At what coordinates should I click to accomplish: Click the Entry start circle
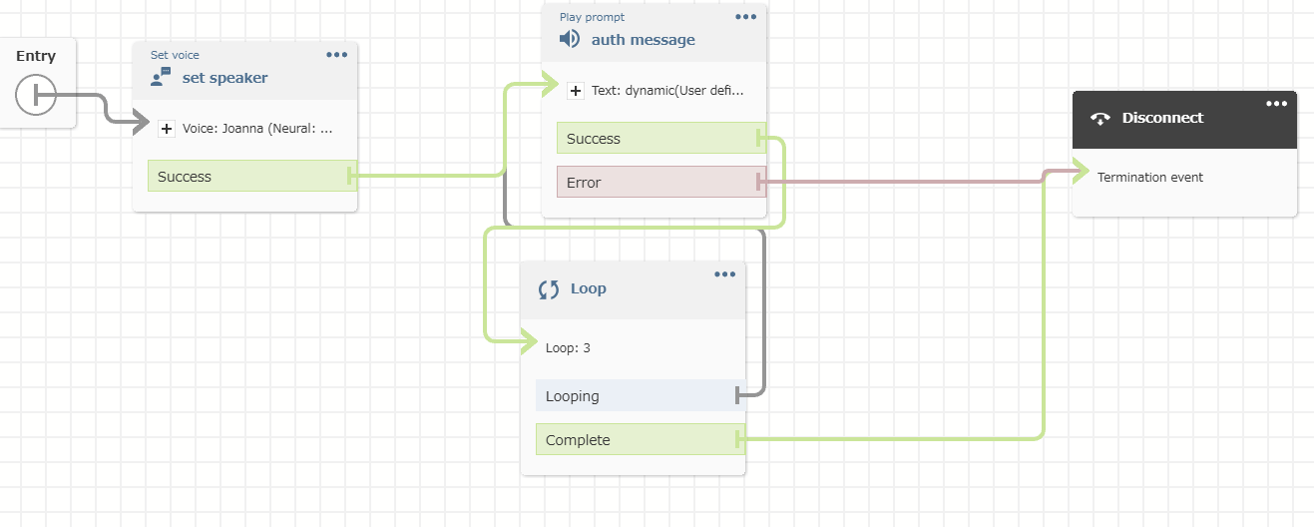[35, 95]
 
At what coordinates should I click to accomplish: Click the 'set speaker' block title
[224, 78]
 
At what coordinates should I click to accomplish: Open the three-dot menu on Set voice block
[336, 55]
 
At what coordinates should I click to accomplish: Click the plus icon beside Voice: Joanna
[167, 129]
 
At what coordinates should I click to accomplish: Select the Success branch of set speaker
[252, 176]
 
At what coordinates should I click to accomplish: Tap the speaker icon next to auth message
[569, 39]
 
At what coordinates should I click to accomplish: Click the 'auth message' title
[643, 39]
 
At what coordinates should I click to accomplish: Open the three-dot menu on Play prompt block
[745, 16]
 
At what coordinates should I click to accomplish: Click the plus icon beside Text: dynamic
[576, 91]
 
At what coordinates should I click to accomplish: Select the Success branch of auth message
[661, 138]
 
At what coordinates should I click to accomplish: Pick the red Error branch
[661, 182]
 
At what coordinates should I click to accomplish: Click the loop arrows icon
[549, 289]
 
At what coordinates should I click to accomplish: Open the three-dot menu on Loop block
[724, 274]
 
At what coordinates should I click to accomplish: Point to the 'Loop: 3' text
[568, 348]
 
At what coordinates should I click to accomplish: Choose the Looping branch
[641, 395]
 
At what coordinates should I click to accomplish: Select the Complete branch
[641, 439]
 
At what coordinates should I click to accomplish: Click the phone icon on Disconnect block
[1099, 119]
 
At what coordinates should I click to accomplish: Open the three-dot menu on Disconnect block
[1276, 104]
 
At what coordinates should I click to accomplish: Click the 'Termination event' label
[1149, 178]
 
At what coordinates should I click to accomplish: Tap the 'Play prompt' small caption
[592, 17]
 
